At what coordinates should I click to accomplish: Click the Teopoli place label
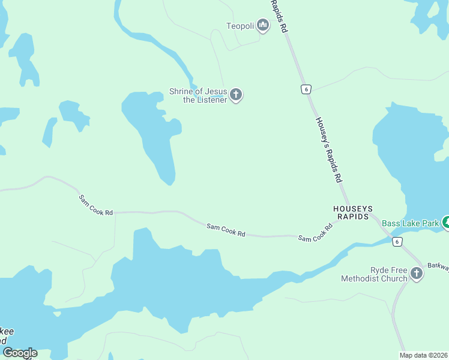[240, 26]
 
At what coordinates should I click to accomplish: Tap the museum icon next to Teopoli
[262, 25]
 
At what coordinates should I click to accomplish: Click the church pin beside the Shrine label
[236, 94]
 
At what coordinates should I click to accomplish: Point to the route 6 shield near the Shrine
[306, 89]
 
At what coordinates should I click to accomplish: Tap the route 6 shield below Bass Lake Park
[397, 242]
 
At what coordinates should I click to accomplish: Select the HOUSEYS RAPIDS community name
[351, 212]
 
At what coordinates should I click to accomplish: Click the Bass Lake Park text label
[411, 224]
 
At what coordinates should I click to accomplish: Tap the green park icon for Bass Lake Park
[445, 223]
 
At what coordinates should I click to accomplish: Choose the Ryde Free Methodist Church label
[374, 274]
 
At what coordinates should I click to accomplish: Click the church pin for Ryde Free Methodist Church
[416, 274]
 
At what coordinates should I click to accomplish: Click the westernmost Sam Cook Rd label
[95, 205]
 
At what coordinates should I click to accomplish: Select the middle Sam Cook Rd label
[226, 230]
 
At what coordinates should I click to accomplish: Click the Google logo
[20, 353]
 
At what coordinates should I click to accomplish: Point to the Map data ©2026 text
[423, 355]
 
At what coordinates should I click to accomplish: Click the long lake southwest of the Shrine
[155, 136]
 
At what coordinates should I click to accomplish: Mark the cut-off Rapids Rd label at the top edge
[280, 16]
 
